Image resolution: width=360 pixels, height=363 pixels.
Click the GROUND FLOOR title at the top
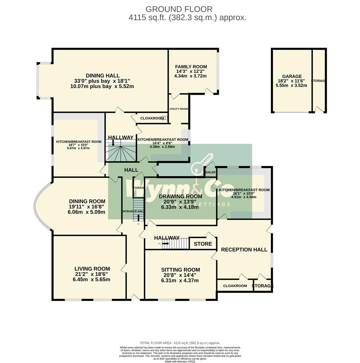[179, 9]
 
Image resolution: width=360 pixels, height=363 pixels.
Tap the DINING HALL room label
[103, 76]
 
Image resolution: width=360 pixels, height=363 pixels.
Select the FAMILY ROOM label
[191, 67]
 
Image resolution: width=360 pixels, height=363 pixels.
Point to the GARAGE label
[292, 76]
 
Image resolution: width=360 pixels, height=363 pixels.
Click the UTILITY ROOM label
[178, 109]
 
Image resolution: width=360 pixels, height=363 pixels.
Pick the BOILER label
[210, 172]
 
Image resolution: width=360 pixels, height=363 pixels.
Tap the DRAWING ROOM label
[181, 196]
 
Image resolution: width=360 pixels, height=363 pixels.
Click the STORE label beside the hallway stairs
[203, 244]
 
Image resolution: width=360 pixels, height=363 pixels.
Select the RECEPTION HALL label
[244, 249]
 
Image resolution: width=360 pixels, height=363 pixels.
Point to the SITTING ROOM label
[181, 270]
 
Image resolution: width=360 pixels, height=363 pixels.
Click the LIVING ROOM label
[92, 269]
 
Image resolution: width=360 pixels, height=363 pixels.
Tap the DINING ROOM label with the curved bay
[87, 201]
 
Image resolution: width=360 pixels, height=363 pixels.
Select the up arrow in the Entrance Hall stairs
[138, 217]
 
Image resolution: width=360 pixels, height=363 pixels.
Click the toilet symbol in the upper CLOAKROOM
[164, 118]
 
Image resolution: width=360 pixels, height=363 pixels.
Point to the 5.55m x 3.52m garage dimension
[291, 85]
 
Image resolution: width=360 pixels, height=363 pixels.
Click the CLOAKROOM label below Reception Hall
[235, 286]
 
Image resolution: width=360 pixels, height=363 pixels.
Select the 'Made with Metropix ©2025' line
[180, 361]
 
